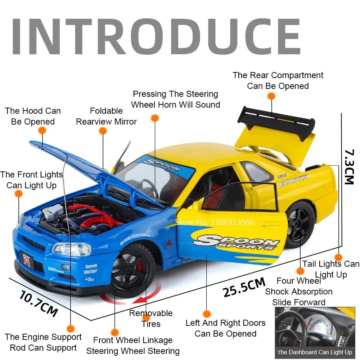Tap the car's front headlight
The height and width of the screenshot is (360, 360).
click(71, 249)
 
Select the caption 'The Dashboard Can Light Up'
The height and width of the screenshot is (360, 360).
click(315, 352)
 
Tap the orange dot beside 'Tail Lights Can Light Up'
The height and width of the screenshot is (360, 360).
click(338, 257)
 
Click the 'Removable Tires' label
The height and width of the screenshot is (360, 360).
click(151, 318)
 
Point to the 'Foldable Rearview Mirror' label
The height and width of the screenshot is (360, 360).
click(106, 116)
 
